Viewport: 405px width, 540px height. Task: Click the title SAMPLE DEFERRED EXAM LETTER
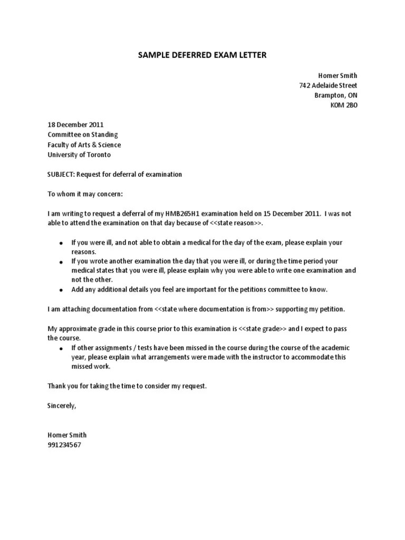tap(202, 55)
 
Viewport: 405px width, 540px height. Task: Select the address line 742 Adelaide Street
tap(327, 85)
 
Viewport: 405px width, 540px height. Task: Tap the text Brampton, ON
tap(335, 95)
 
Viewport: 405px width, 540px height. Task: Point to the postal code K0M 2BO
tap(343, 105)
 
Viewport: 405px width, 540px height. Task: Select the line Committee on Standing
tap(83, 135)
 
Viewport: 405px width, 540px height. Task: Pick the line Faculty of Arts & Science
tap(84, 145)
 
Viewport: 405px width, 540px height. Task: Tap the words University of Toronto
tap(79, 155)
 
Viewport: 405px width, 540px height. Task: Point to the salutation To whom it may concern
tap(85, 194)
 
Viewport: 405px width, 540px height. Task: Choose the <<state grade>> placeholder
tap(263, 329)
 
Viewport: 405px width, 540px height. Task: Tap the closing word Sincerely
tap(62, 406)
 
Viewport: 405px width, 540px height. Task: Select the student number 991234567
tap(64, 445)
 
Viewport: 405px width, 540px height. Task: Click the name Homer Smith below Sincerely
tap(67, 435)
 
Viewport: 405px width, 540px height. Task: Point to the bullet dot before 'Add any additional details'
tap(61, 290)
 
